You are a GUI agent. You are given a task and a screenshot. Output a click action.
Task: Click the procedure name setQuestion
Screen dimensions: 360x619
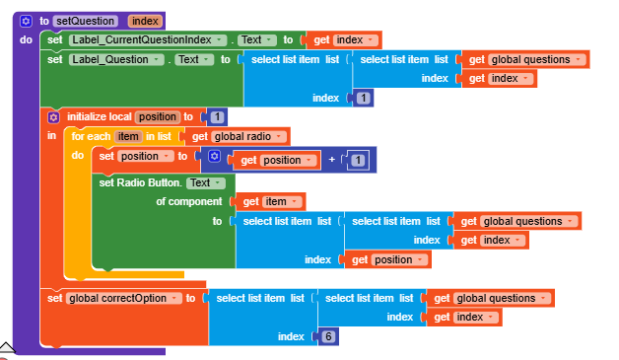click(86, 20)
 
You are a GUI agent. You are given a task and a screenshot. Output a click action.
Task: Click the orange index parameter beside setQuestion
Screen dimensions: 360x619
click(145, 20)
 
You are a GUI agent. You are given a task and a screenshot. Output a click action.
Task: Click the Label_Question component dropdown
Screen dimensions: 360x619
click(116, 59)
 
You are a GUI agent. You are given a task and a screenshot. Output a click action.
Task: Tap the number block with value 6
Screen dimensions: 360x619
click(328, 336)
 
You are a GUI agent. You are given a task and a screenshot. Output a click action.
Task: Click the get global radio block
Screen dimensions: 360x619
click(238, 136)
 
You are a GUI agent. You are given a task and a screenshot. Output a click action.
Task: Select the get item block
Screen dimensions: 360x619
click(268, 201)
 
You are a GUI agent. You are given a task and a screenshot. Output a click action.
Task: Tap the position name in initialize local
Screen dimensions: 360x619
click(157, 116)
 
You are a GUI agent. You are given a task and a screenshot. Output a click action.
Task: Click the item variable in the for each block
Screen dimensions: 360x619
click(128, 136)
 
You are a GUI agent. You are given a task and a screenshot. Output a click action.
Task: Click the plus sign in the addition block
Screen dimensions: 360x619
click(331, 160)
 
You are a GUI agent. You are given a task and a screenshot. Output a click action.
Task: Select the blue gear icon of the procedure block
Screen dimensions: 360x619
click(27, 20)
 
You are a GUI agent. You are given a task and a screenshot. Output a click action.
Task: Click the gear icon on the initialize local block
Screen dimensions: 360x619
click(54, 116)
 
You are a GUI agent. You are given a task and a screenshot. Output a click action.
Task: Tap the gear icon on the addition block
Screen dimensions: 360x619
click(214, 157)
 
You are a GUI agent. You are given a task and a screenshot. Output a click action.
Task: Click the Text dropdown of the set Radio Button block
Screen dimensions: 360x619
click(205, 182)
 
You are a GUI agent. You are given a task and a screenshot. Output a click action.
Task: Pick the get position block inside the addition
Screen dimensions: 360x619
click(275, 160)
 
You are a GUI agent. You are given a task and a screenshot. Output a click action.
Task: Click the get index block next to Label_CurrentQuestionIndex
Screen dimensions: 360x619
click(341, 39)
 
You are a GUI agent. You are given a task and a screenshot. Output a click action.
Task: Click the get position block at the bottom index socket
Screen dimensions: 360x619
click(385, 259)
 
